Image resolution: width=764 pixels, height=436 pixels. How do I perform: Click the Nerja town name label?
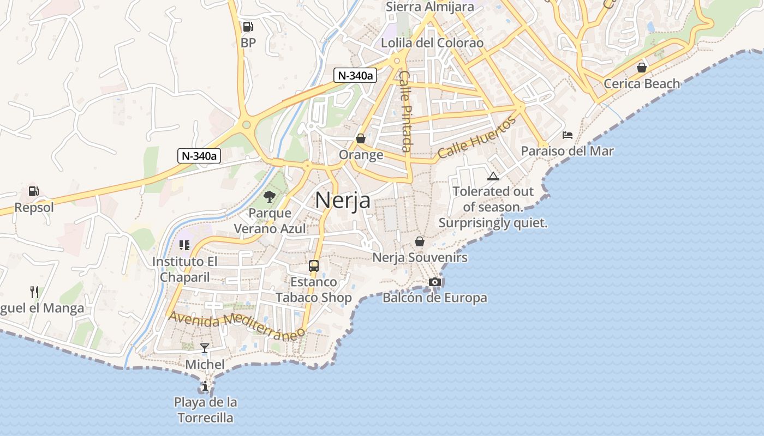point(343,201)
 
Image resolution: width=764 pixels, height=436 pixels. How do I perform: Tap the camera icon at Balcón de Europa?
point(435,282)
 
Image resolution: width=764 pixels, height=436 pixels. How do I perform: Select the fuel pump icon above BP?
point(248,26)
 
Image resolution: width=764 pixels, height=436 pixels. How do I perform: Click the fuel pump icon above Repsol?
point(34,191)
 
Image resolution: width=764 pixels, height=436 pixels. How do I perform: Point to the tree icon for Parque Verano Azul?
point(269,197)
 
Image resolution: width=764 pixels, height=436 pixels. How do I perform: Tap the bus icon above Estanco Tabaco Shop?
point(314,266)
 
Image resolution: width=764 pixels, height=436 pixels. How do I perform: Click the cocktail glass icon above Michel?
point(205,348)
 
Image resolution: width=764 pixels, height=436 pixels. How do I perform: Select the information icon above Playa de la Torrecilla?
point(205,387)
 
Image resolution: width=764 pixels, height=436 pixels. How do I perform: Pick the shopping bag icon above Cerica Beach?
point(642,68)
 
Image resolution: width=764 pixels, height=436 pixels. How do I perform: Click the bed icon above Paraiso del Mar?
point(568,135)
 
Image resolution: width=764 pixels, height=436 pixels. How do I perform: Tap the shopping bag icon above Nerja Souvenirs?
point(420,241)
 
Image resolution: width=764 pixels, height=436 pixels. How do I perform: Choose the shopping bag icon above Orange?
point(361,139)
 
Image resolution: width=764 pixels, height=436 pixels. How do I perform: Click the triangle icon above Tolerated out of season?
point(493,176)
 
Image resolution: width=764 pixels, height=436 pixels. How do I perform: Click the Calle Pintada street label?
point(405,111)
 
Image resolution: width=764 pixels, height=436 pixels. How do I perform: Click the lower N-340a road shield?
point(199,156)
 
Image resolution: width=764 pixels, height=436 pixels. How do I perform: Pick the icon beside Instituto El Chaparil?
point(184,245)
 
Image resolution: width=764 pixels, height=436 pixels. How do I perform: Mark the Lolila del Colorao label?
point(432,43)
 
